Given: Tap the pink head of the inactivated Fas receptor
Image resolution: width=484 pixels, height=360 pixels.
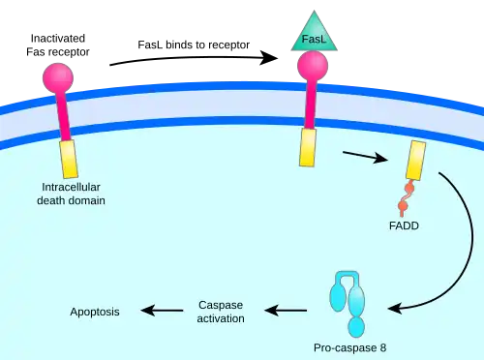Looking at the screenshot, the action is tap(58, 77).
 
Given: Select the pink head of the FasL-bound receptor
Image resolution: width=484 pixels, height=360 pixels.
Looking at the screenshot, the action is tap(313, 66).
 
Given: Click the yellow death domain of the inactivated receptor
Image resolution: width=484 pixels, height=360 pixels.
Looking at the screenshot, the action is tap(69, 159).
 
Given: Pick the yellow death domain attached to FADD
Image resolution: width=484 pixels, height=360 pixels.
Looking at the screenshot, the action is tap(415, 161).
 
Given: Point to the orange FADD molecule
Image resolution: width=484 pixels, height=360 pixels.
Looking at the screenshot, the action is tap(406, 197).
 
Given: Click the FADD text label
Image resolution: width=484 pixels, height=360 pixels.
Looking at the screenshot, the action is tap(404, 225).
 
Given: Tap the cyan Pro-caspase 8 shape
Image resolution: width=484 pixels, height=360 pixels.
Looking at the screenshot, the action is tap(348, 303).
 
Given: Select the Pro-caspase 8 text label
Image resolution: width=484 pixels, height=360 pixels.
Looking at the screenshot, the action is tap(350, 348).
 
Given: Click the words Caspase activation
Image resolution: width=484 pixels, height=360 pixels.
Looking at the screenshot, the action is tap(221, 312).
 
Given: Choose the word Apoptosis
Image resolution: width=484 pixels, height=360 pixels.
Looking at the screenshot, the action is tap(95, 312).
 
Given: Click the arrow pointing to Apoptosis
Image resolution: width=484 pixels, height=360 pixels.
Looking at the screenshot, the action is tap(162, 311).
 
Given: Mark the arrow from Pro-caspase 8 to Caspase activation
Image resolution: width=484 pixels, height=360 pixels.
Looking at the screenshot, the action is tap(286, 311).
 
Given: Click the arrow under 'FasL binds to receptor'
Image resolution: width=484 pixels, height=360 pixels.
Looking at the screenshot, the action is tap(194, 57).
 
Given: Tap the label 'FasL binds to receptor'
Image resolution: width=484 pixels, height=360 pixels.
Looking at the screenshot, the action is tap(194, 45).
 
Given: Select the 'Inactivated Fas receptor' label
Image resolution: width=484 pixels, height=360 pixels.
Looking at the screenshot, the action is tap(58, 45).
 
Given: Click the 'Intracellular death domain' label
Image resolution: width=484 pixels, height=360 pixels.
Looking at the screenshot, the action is tap(71, 194).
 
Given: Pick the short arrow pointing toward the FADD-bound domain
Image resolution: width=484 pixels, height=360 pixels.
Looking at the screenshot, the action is tap(366, 156).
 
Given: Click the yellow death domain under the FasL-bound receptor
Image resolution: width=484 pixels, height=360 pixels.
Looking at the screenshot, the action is tap(308, 147).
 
